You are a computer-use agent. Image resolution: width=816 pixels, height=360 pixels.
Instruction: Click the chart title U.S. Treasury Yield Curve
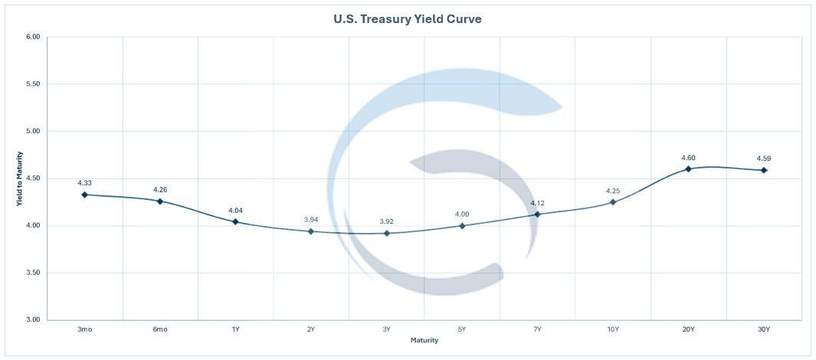(408, 18)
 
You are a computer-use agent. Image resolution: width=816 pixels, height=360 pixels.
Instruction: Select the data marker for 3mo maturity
(84, 195)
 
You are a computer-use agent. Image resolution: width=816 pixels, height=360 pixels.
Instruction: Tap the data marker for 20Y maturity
(688, 169)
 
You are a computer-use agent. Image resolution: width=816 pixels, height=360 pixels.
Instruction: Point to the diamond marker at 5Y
(462, 226)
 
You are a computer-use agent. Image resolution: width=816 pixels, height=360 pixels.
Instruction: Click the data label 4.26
(160, 189)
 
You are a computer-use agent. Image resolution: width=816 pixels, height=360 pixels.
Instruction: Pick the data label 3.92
(386, 221)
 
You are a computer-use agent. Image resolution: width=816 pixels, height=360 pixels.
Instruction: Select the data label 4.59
(764, 159)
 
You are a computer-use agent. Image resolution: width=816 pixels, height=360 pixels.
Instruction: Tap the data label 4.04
(235, 210)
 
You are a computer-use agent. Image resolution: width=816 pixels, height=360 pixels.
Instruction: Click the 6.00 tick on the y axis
(32, 37)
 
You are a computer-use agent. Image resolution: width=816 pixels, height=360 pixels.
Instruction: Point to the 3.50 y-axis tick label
(32, 273)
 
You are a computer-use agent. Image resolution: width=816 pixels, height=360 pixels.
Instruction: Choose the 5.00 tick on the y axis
(32, 131)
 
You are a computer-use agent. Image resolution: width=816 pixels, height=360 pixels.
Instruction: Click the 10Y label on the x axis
(613, 329)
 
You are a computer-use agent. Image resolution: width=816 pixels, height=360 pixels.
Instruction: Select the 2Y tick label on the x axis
(310, 329)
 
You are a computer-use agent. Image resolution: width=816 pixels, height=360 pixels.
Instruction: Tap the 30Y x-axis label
(764, 329)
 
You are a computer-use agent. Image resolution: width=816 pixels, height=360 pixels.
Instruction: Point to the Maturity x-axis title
(424, 339)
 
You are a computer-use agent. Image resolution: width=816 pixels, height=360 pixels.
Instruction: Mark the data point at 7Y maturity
(537, 214)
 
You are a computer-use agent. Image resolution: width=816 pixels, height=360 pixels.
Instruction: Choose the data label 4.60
(688, 158)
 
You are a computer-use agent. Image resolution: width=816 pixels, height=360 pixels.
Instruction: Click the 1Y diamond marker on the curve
(235, 221)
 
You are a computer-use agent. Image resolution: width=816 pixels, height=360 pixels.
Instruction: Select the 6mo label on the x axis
(160, 329)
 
